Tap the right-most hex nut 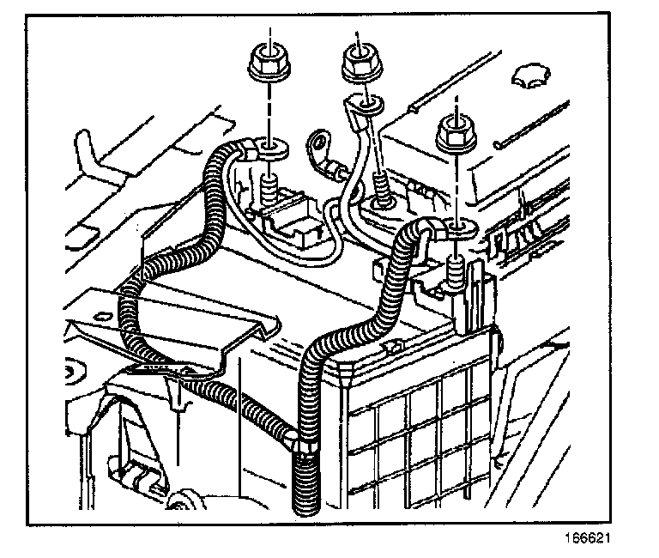tap(455, 133)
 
